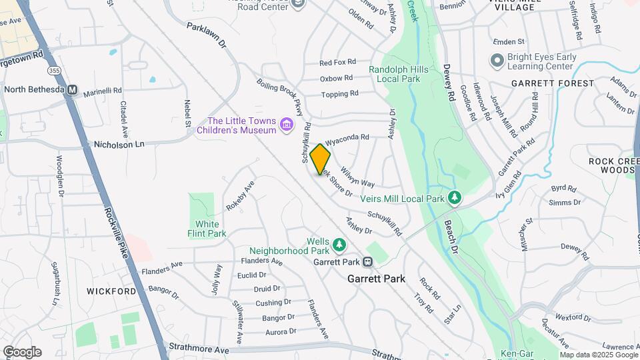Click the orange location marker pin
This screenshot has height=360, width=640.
click(x=320, y=159)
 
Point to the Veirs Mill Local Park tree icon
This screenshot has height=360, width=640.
click(x=455, y=198)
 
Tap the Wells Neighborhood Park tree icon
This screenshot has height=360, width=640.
click(x=339, y=246)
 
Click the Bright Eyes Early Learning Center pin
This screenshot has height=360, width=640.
click(x=496, y=61)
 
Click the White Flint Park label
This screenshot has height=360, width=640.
click(x=211, y=229)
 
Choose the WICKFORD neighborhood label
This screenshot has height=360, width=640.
click(x=111, y=291)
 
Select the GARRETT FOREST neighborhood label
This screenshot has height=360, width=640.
click(x=553, y=83)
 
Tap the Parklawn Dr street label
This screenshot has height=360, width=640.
click(x=207, y=37)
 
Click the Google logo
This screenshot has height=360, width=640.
click(x=22, y=351)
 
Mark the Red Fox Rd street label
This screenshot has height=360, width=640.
click(x=337, y=63)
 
